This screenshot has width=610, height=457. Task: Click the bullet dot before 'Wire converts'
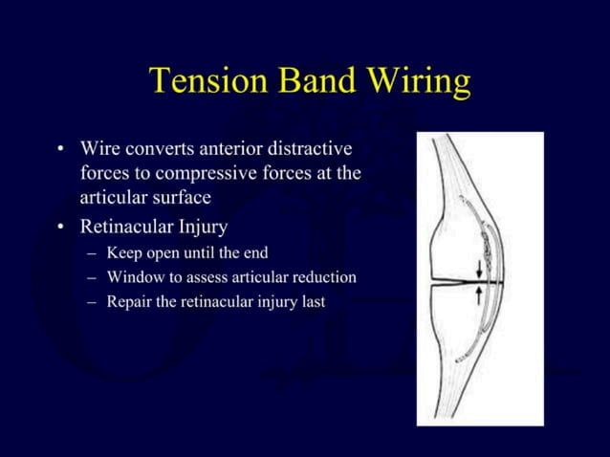point(61,150)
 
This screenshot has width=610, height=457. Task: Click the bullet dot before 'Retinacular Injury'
point(61,228)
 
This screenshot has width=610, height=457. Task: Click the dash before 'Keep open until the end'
point(90,254)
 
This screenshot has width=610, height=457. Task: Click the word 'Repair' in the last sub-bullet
point(130,302)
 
